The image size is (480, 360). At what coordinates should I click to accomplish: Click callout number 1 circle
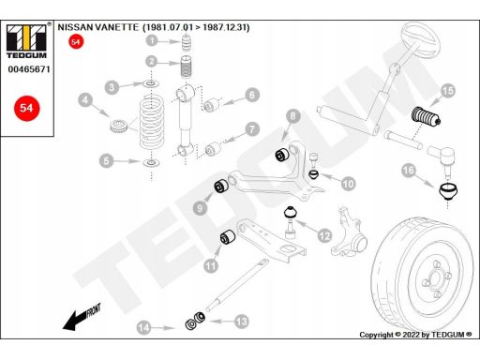pyautogui.click(x=151, y=40)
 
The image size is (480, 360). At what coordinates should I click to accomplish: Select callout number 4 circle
pyautogui.click(x=85, y=100)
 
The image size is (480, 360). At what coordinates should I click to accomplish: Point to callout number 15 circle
pyautogui.click(x=447, y=90)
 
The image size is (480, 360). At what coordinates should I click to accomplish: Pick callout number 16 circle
pyautogui.click(x=408, y=171)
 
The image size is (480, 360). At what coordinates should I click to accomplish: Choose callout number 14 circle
pyautogui.click(x=143, y=326)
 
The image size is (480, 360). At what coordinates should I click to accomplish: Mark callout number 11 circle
pyautogui.click(x=211, y=265)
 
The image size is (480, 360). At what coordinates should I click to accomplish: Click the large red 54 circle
pyautogui.click(x=24, y=109)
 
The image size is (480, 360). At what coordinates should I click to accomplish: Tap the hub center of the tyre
pyautogui.click(x=433, y=279)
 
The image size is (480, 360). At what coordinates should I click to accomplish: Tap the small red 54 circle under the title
pyautogui.click(x=77, y=42)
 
